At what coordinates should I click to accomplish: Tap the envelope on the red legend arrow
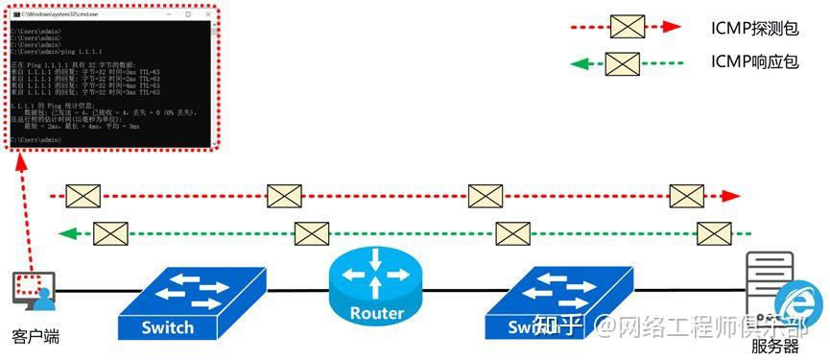(x=628, y=27)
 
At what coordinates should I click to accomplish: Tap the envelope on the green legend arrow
(x=622, y=64)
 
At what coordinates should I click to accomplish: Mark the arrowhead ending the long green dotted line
(x=65, y=233)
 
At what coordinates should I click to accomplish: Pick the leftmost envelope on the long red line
(x=83, y=196)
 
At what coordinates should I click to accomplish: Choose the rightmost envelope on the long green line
(x=714, y=233)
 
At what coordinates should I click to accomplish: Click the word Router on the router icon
(x=376, y=313)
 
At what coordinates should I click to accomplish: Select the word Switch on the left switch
(x=167, y=326)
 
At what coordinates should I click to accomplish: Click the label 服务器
(x=775, y=345)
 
